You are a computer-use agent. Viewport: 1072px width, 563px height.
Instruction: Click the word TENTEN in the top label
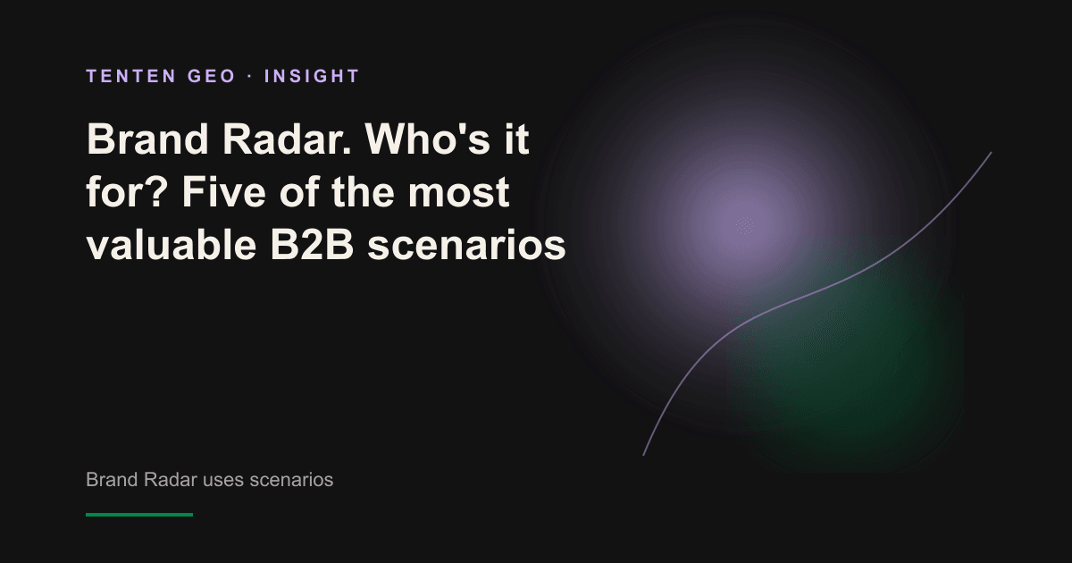point(131,76)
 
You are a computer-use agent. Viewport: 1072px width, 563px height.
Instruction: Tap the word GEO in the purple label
point(212,76)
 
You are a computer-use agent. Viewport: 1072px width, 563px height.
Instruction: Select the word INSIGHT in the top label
point(312,76)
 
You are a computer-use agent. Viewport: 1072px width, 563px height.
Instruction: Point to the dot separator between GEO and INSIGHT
point(250,76)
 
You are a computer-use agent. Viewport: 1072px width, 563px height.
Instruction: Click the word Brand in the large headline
point(147,139)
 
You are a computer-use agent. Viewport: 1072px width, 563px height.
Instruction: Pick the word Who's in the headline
point(427,139)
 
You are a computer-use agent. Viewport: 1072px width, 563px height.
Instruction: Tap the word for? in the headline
point(126,191)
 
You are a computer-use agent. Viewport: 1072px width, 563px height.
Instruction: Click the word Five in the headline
point(224,191)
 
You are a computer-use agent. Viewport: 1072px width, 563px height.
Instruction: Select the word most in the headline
point(458,191)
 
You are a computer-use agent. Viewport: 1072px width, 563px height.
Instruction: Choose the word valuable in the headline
point(172,245)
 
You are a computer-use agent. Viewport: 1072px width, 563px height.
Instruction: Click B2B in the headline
point(312,245)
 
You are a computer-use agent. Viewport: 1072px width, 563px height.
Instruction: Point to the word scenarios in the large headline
point(466,245)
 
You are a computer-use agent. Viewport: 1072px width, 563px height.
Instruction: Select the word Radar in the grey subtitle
point(170,480)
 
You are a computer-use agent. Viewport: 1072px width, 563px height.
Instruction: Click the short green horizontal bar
point(139,515)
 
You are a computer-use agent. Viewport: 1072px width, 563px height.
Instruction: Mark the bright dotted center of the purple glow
point(745,225)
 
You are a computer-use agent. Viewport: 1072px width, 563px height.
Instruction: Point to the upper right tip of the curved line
point(991,153)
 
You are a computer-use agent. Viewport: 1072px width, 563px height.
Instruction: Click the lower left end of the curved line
point(644,455)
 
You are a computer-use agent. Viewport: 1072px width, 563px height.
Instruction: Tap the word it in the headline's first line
point(517,139)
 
